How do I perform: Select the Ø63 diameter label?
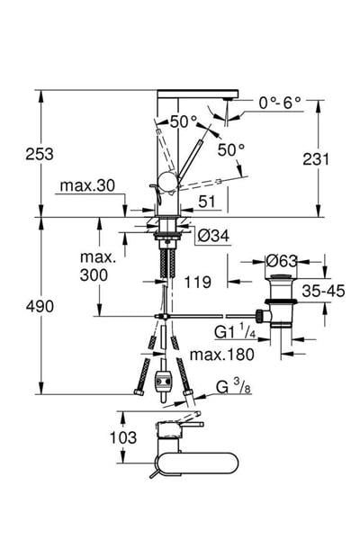pyautogui.click(x=282, y=261)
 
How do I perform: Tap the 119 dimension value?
pyautogui.click(x=198, y=282)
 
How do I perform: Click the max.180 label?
pyautogui.click(x=219, y=354)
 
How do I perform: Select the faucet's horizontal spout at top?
pyautogui.click(x=196, y=94)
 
